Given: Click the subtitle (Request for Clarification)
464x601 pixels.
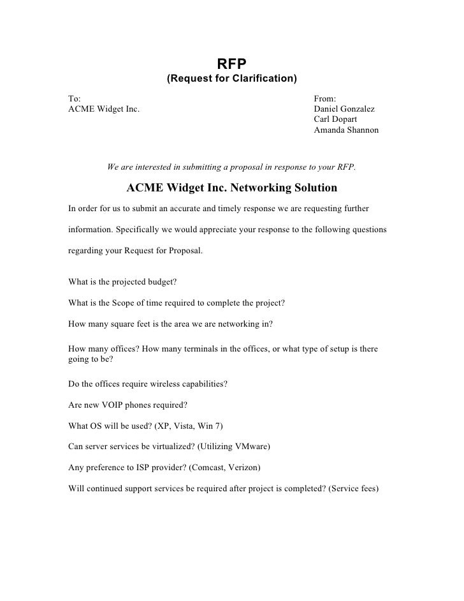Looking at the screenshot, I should click(x=232, y=80).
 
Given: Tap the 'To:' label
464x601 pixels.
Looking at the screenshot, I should click(x=75, y=99).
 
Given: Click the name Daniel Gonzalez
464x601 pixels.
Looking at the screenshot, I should click(x=345, y=109).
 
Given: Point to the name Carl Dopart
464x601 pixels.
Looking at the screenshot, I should click(x=335, y=119).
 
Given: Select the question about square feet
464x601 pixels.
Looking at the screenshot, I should click(x=170, y=323).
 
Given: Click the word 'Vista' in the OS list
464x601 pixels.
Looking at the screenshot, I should click(x=185, y=426).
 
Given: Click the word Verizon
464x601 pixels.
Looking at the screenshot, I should click(x=242, y=467).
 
